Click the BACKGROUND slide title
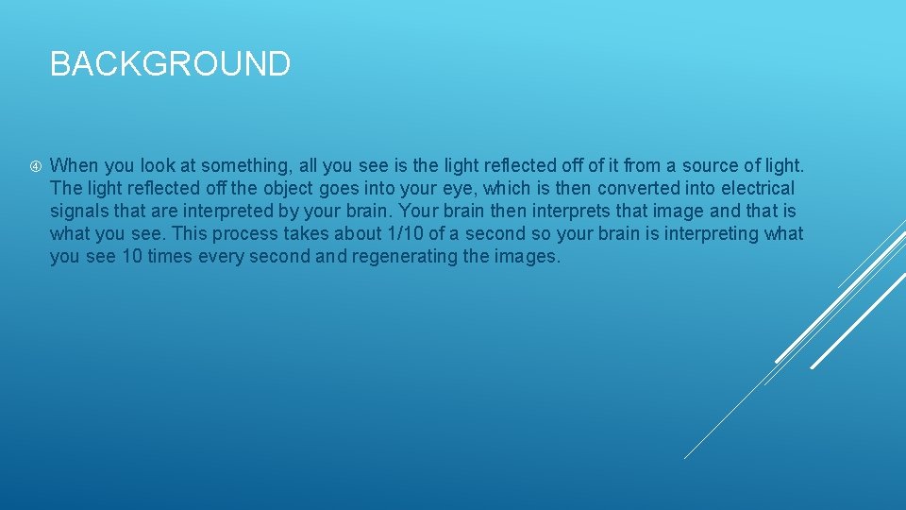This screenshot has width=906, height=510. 170,64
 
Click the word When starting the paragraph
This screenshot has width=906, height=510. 73,165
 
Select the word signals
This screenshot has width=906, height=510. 79,211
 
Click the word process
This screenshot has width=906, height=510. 233,233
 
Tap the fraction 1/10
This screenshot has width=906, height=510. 406,233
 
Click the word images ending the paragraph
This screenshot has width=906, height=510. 526,256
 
